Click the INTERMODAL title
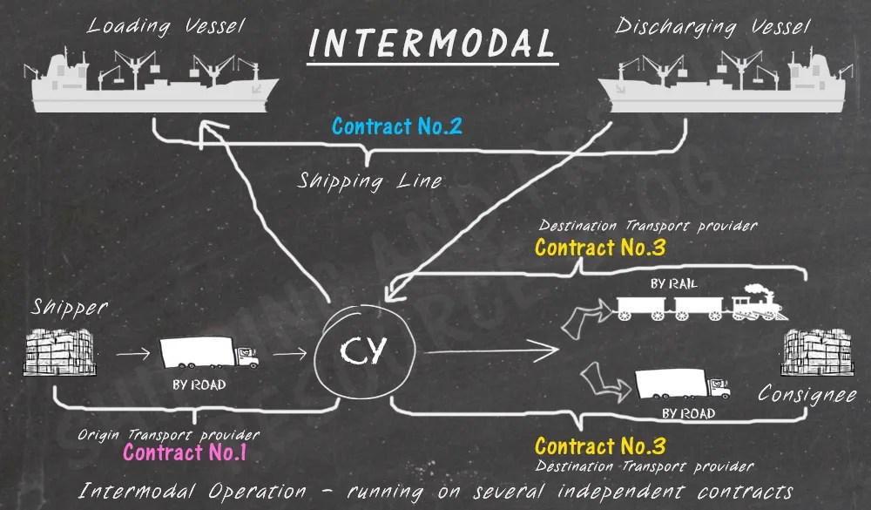pos(431,44)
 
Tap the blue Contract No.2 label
pos(396,126)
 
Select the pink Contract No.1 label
pos(185,452)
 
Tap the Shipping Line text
pos(370,181)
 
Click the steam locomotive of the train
pos(756,303)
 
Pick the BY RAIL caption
pos(674,283)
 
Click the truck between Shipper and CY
pos(208,353)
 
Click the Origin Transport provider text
pos(168,434)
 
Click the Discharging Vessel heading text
pos(713,26)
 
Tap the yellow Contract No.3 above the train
pos(600,248)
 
